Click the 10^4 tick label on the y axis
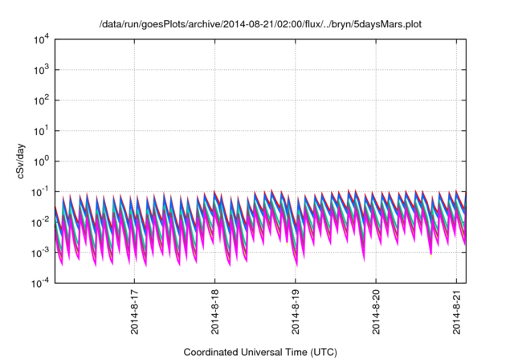pos(42,39)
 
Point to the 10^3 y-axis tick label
pos(42,70)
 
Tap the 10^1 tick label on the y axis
pos(42,131)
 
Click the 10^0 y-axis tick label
pos(42,162)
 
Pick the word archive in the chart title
pos(208,25)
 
